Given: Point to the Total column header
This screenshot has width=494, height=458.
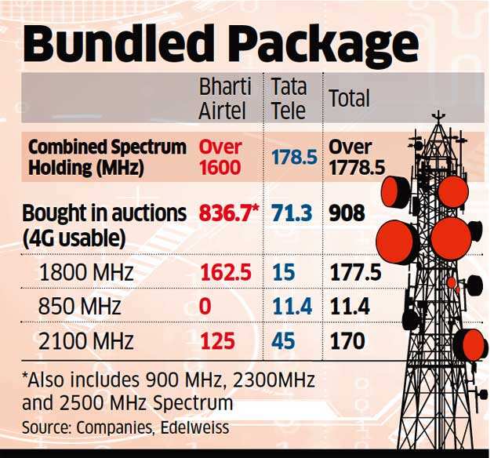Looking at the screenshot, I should (349, 99).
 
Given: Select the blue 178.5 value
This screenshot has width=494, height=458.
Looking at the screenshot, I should (293, 157).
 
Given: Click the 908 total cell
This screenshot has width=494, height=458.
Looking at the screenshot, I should (347, 213).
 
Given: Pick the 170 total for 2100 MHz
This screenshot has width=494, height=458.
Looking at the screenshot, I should (347, 341).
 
